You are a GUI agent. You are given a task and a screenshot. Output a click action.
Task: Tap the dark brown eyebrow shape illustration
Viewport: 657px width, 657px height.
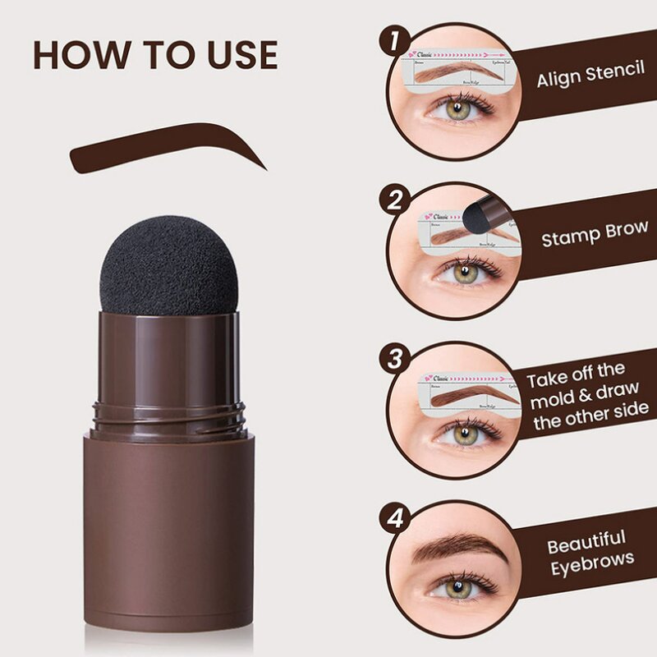(x=164, y=148)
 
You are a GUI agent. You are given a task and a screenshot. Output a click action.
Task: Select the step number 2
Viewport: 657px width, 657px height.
(x=397, y=200)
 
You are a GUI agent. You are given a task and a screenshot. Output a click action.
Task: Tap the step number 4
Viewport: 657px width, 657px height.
(x=397, y=518)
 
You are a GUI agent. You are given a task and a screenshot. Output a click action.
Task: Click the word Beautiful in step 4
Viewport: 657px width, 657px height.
(x=586, y=543)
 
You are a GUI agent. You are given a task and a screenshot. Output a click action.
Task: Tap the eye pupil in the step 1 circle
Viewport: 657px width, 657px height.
(x=460, y=108)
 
